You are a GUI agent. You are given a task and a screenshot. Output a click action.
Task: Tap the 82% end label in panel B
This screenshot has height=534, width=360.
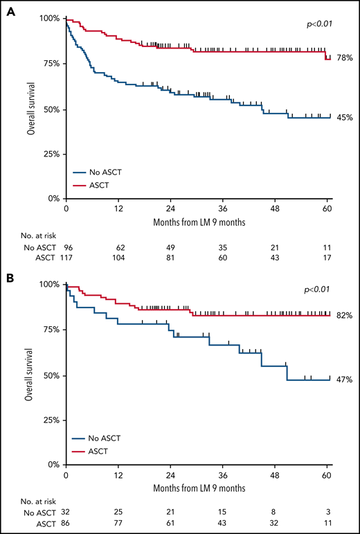pos(345,316)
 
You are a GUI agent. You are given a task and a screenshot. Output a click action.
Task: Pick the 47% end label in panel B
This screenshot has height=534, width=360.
pos(345,380)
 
